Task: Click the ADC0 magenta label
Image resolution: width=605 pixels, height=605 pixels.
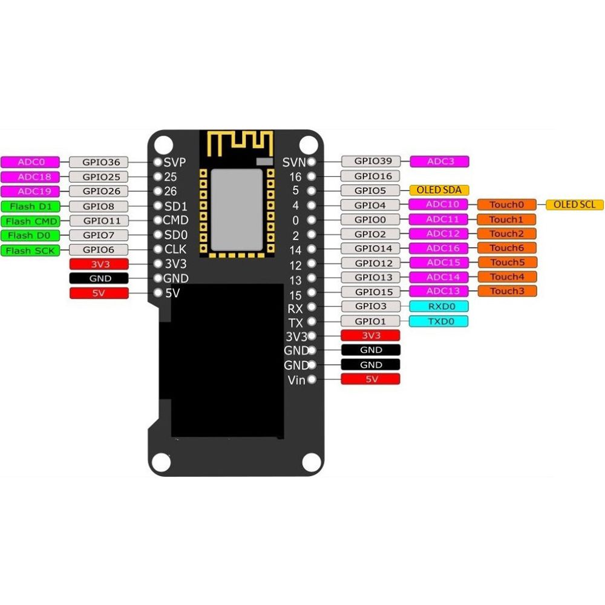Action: click(x=30, y=162)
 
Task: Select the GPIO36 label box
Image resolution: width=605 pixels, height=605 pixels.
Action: click(x=98, y=162)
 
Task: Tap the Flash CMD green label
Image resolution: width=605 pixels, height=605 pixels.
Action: click(x=30, y=221)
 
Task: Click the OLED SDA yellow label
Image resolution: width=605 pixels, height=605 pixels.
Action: click(x=439, y=190)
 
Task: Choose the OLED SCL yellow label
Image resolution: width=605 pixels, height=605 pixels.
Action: click(x=575, y=204)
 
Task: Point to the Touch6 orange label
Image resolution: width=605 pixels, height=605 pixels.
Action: click(x=506, y=248)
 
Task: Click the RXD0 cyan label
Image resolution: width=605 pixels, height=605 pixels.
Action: click(x=439, y=306)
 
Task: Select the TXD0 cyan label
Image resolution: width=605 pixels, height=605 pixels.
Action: click(x=439, y=321)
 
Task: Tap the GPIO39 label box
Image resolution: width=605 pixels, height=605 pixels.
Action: click(x=371, y=161)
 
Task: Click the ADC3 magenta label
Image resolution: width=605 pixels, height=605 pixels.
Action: click(x=439, y=161)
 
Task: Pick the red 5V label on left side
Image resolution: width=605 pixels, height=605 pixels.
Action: click(x=99, y=293)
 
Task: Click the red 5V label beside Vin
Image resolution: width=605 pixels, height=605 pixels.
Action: click(x=371, y=379)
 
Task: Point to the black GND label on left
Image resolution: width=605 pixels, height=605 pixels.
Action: click(x=99, y=278)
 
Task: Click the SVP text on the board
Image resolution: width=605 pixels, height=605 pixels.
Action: click(x=174, y=162)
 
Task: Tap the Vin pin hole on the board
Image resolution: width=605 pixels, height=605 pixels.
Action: click(x=312, y=380)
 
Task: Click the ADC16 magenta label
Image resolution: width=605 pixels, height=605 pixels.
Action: click(x=439, y=248)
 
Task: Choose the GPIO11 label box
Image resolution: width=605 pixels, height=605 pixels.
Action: click(x=98, y=221)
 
